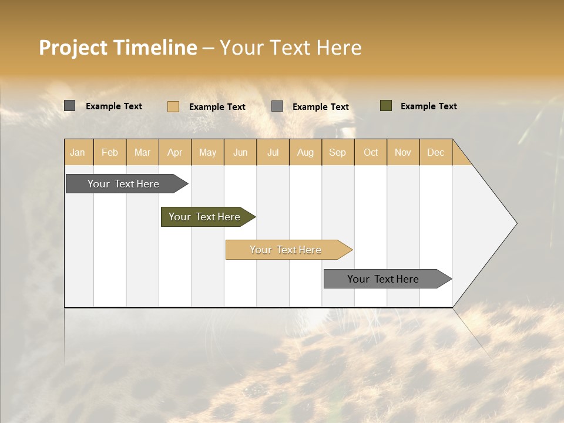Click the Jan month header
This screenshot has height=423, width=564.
78,152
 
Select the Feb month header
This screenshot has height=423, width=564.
110,152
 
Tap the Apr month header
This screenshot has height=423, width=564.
174,152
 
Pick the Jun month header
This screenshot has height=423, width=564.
240,152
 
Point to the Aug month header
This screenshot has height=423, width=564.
305,152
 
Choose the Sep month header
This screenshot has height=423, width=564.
337,152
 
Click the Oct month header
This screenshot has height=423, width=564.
371,152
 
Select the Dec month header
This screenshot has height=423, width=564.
435,152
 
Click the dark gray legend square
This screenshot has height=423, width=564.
70,106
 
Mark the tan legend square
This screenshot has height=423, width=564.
173,106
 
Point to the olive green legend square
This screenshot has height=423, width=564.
386,106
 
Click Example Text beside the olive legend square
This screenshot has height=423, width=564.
428,106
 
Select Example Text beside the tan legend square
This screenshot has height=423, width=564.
217,107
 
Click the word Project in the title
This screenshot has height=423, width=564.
73,48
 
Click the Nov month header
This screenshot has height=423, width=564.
402,152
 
